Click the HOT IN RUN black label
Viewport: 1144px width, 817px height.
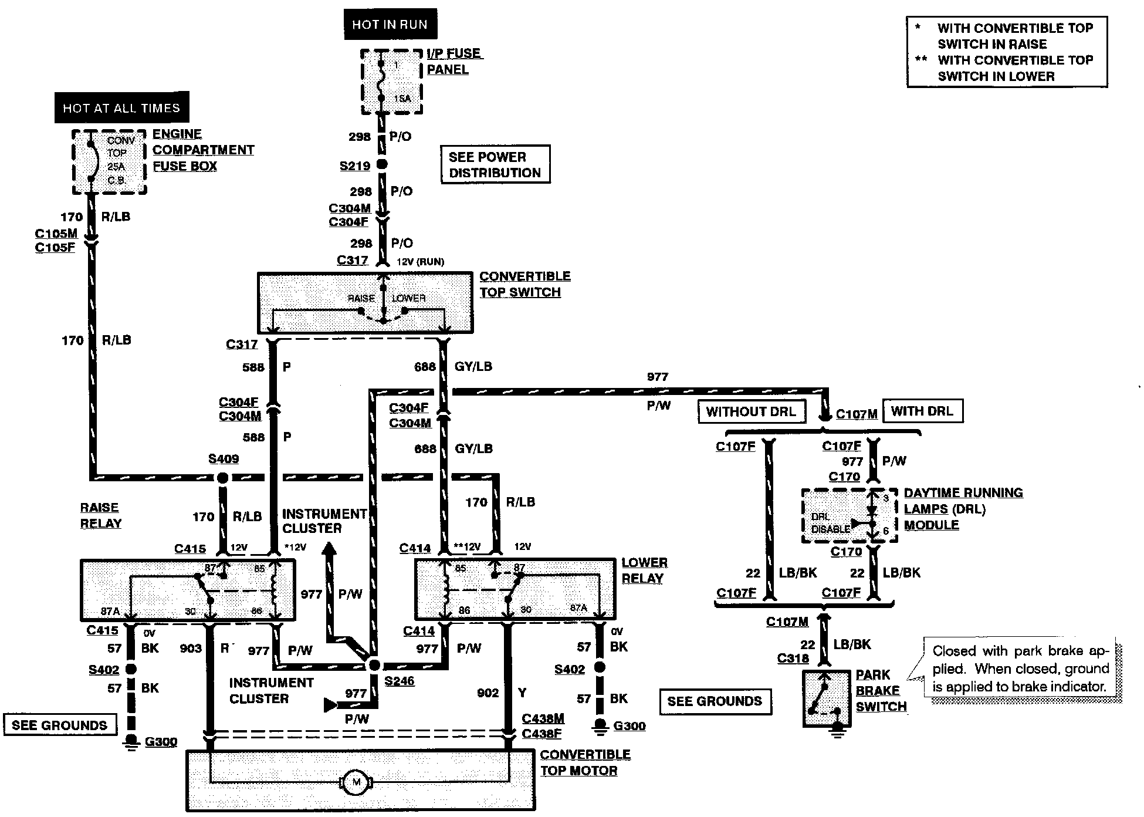tap(390, 25)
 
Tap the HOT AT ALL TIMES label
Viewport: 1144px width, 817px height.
tap(121, 108)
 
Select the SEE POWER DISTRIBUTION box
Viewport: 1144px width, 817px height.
tap(495, 165)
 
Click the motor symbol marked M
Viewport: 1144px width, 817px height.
tap(355, 782)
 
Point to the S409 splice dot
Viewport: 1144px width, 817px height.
tap(222, 478)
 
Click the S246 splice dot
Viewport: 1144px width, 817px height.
tap(373, 665)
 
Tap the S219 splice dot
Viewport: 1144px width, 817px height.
tap(381, 165)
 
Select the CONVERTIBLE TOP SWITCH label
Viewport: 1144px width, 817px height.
tap(524, 284)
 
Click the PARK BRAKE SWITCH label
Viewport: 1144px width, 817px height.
tap(881, 691)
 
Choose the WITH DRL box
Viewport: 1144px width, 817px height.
tap(922, 411)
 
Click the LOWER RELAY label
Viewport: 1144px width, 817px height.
tap(644, 570)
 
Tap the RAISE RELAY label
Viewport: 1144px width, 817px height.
tap(100, 515)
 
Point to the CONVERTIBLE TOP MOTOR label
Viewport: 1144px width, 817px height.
tap(584, 762)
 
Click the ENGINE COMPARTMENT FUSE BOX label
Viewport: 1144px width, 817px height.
tap(202, 150)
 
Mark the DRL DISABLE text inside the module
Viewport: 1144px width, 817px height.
tap(830, 522)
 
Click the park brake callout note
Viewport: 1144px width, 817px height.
tap(1020, 669)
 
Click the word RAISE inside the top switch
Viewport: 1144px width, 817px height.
tap(361, 298)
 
